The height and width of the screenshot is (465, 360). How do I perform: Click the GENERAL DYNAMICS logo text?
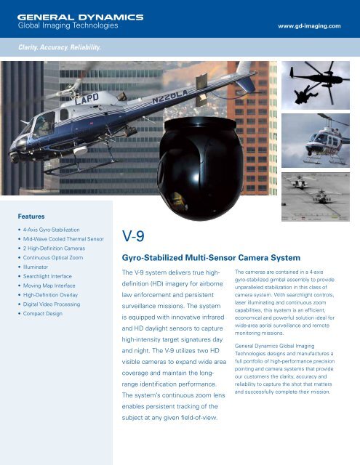[x=80, y=16]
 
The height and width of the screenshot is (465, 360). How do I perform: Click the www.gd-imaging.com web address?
[x=314, y=26]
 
